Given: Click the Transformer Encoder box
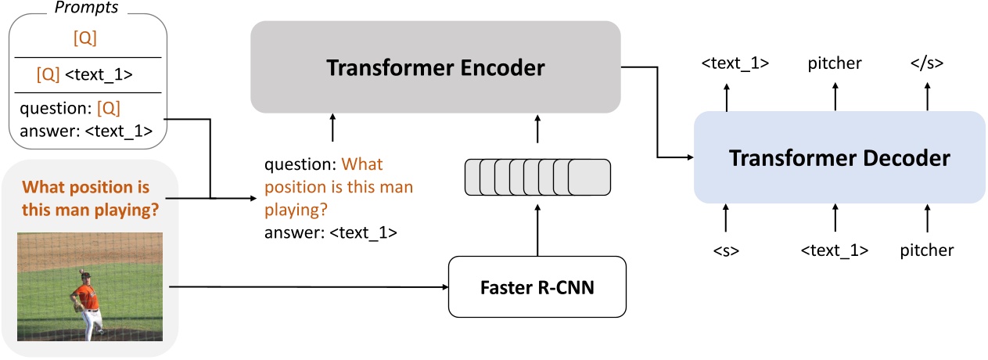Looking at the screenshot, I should point(435,67).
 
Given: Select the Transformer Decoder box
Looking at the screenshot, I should point(839,158).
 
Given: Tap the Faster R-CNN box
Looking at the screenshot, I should point(537,286).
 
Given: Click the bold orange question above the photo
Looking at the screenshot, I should point(85,200).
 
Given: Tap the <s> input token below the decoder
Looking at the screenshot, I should point(726,250).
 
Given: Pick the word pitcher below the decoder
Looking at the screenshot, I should point(926,250).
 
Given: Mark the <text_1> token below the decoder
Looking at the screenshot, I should point(835,250).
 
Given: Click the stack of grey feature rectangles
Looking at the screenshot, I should point(537,177).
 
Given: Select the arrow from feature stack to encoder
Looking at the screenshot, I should point(537,130).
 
